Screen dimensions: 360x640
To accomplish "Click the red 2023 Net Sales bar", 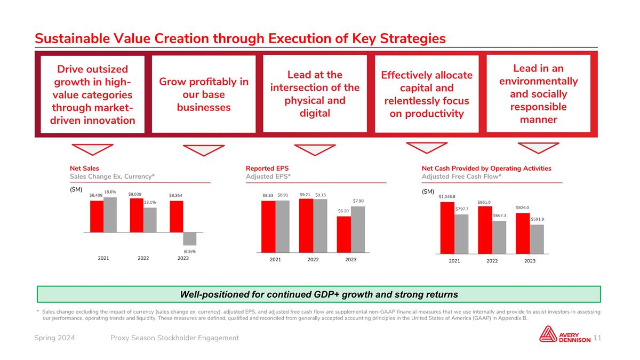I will click(x=177, y=217).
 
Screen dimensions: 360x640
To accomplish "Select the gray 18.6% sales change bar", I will click(x=110, y=215).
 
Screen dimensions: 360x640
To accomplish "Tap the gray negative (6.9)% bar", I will click(x=190, y=238).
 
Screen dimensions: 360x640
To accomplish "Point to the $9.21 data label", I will click(x=305, y=195).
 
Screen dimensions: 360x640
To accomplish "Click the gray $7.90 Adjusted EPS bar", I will click(x=358, y=229).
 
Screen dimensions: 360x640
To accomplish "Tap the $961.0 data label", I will click(x=484, y=202).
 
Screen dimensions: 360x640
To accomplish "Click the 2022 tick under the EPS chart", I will click(x=313, y=260).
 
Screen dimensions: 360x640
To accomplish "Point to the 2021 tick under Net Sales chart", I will click(x=103, y=258).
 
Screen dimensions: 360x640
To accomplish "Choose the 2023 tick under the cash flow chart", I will click(x=530, y=261).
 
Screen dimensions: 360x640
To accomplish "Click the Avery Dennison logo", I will click(x=565, y=334).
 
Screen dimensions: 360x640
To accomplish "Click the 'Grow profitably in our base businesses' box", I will click(x=204, y=94).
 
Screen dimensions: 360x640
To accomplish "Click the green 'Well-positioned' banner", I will click(x=318, y=294).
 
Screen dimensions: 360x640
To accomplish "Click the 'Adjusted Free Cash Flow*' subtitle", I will click(x=461, y=177).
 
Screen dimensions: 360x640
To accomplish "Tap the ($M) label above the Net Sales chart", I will click(x=76, y=190).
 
